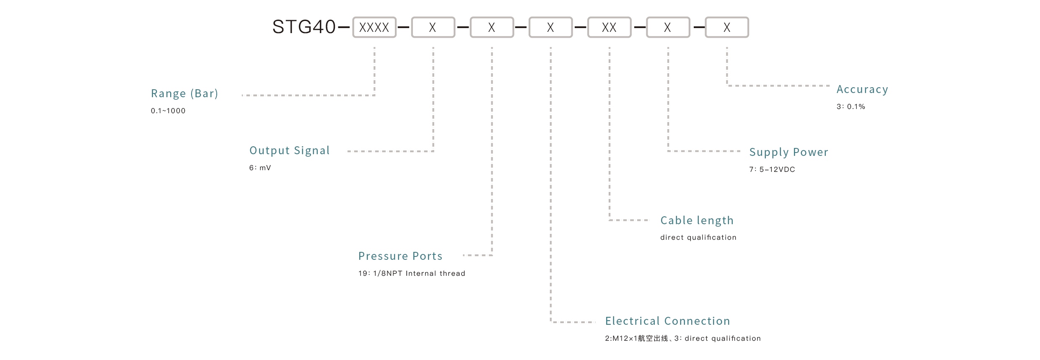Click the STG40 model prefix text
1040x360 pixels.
(304, 27)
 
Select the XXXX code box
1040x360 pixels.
(374, 27)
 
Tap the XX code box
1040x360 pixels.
(609, 27)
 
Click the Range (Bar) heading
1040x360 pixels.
(184, 93)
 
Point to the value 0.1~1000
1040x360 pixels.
(168, 111)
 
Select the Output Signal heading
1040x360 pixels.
(289, 150)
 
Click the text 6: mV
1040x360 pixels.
(260, 168)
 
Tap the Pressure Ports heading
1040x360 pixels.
(400, 256)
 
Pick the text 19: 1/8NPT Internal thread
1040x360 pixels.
(412, 273)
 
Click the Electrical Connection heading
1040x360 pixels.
(667, 321)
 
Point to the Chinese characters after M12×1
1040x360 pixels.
(653, 338)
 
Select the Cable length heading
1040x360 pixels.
(697, 220)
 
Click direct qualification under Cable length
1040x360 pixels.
(698, 237)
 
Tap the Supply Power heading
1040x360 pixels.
(788, 152)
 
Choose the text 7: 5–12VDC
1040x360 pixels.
(772, 169)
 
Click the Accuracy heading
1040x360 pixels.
(862, 89)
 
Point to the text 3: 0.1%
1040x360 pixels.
(851, 106)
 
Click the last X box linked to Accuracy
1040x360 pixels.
(727, 27)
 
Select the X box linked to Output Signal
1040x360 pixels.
(433, 27)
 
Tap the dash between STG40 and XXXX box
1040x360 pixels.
(344, 27)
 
